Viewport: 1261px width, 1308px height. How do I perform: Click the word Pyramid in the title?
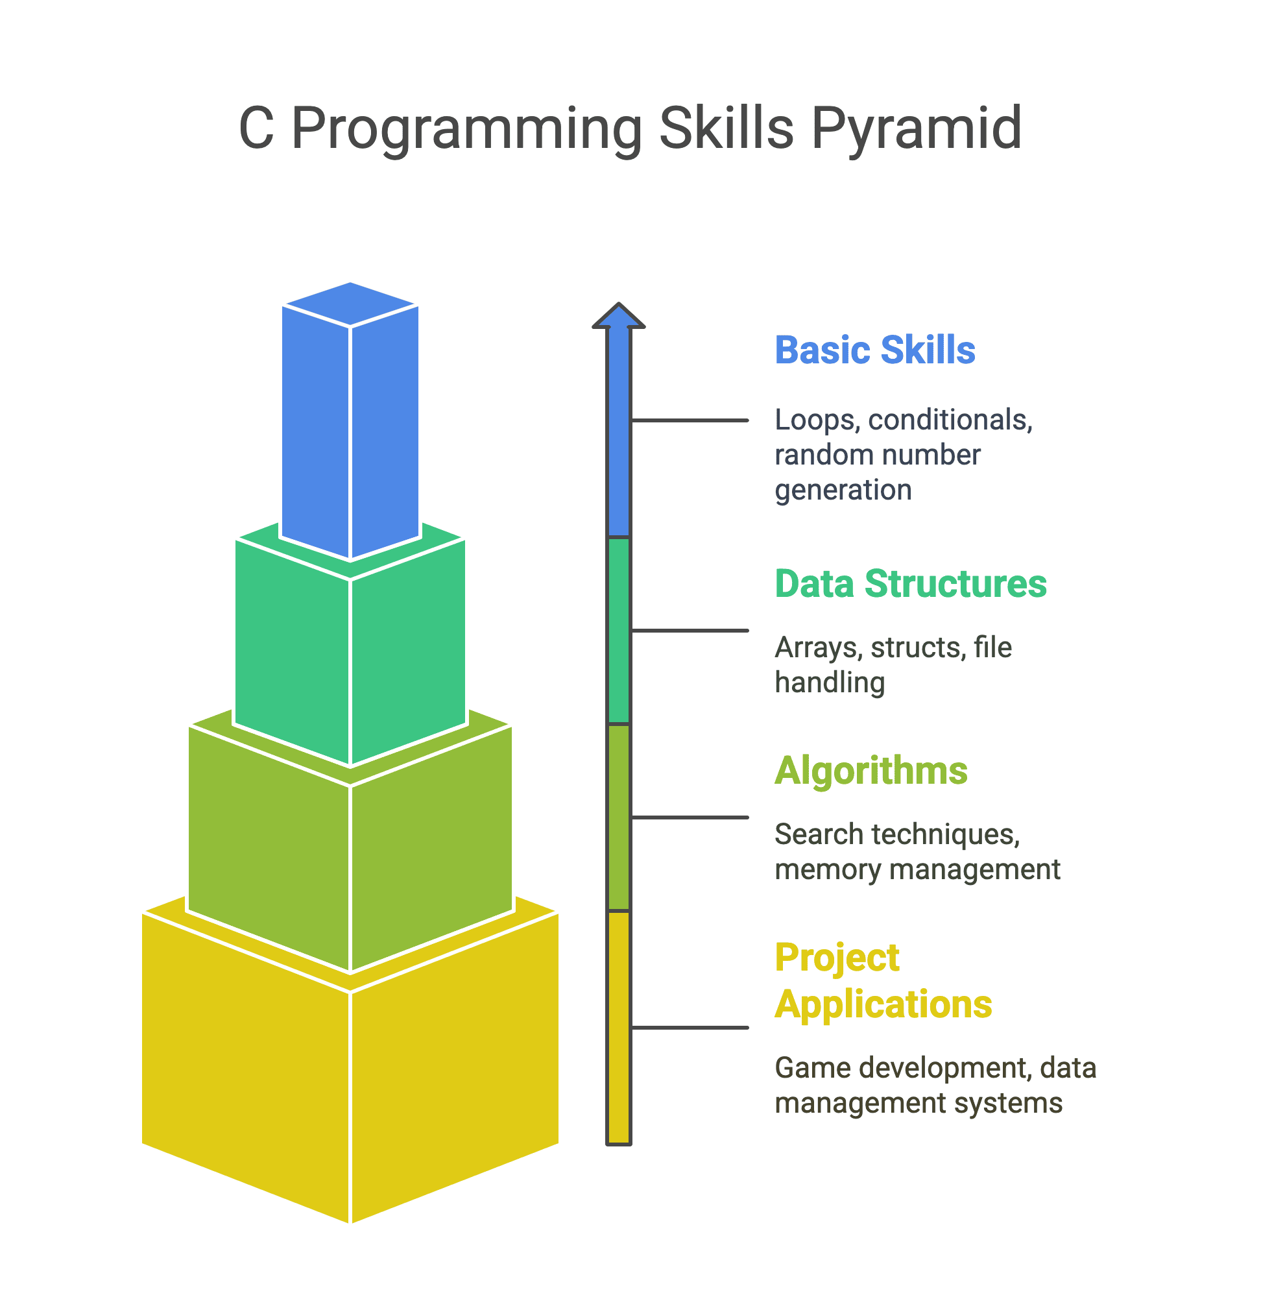(x=915, y=130)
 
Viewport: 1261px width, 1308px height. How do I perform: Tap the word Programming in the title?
(x=466, y=130)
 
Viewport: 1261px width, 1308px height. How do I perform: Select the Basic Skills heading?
(x=874, y=350)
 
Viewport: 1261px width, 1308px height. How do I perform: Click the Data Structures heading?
(x=911, y=584)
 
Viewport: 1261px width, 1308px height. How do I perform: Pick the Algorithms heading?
(x=871, y=771)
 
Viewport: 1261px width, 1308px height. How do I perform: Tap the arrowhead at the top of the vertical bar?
(x=618, y=316)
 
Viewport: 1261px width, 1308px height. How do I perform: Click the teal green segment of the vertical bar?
(x=618, y=631)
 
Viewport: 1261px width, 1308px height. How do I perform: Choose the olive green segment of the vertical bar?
(x=618, y=817)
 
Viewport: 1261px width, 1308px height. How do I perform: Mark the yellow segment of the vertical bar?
(x=618, y=1028)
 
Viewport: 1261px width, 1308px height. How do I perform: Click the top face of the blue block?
(x=350, y=304)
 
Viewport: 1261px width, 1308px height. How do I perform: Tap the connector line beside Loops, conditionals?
(x=690, y=420)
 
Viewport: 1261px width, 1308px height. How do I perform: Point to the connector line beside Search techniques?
(x=690, y=817)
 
